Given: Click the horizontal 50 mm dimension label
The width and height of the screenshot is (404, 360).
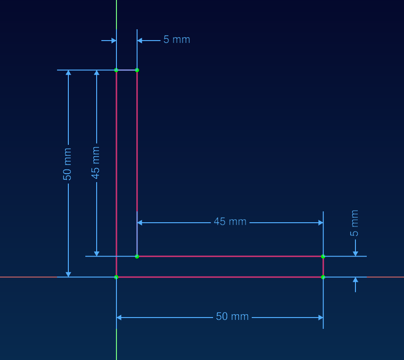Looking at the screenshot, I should [x=232, y=317].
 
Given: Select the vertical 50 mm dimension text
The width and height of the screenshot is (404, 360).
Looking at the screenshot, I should [x=67, y=164].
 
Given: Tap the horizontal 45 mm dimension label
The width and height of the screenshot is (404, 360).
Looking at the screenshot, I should [x=230, y=221].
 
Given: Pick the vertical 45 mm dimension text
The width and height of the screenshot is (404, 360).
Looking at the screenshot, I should [x=96, y=163].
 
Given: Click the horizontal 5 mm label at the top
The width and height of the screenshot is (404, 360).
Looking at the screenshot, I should [x=177, y=40].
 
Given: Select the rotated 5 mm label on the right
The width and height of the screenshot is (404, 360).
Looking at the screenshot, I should [x=355, y=223].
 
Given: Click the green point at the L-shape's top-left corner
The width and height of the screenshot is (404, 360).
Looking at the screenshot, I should [x=116, y=70].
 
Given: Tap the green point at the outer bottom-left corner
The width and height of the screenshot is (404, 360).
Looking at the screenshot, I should [x=116, y=277].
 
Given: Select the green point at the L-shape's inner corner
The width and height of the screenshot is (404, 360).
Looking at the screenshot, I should [x=137, y=256].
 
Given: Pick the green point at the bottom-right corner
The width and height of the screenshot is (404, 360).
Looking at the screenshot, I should [x=323, y=277].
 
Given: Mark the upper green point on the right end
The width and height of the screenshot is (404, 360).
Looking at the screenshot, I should [x=323, y=256].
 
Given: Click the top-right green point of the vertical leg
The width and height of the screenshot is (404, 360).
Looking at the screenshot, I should [x=137, y=70].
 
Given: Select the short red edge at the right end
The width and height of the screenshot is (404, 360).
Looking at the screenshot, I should [x=323, y=267].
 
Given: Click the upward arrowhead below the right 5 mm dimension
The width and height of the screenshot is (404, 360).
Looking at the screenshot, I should [x=355, y=280].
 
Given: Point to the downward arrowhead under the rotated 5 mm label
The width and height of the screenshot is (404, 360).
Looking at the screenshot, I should [x=355, y=253].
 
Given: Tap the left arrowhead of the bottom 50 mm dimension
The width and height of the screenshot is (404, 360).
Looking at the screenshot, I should [x=119, y=318].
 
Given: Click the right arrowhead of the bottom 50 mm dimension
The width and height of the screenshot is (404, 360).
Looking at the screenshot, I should [x=320, y=318].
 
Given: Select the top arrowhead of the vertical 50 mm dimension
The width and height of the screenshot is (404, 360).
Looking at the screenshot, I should [x=68, y=73].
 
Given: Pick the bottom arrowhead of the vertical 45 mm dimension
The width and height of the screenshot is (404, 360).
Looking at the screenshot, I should [x=97, y=253].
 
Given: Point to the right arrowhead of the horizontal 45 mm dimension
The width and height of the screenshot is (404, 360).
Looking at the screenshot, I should [x=320, y=222].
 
